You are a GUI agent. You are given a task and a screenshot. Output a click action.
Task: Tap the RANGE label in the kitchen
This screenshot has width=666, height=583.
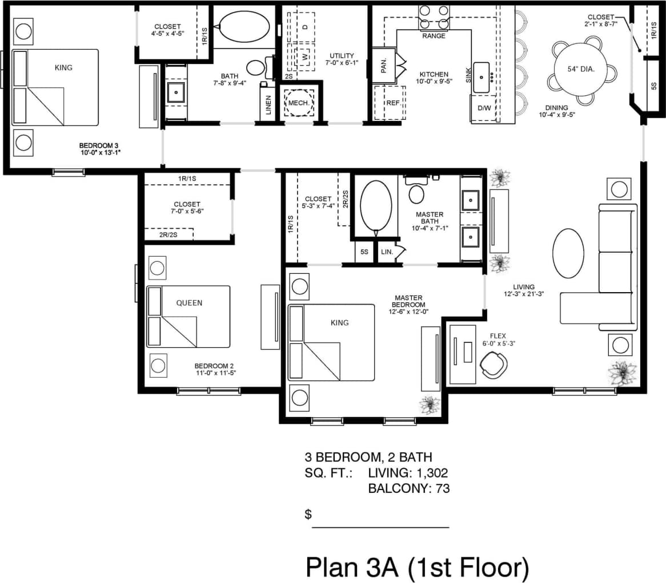pos(434,36)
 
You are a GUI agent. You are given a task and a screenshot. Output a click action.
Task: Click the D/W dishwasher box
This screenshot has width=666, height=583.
pos(484,108)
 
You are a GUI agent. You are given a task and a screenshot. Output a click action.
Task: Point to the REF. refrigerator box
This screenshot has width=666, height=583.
pos(392,103)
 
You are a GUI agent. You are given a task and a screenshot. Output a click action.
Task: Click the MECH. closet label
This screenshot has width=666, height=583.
pos(299,103)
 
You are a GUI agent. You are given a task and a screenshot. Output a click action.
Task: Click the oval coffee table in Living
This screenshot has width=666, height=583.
pos(568,253)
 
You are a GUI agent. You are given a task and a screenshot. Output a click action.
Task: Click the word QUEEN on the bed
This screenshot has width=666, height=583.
pos(189,303)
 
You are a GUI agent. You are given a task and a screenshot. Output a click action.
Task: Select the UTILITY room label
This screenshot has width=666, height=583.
pos(342,55)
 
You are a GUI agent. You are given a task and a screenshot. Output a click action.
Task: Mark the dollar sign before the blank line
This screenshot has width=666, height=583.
pos(308,515)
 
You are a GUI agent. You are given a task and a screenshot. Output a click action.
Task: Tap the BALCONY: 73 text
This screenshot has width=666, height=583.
pos(409,488)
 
